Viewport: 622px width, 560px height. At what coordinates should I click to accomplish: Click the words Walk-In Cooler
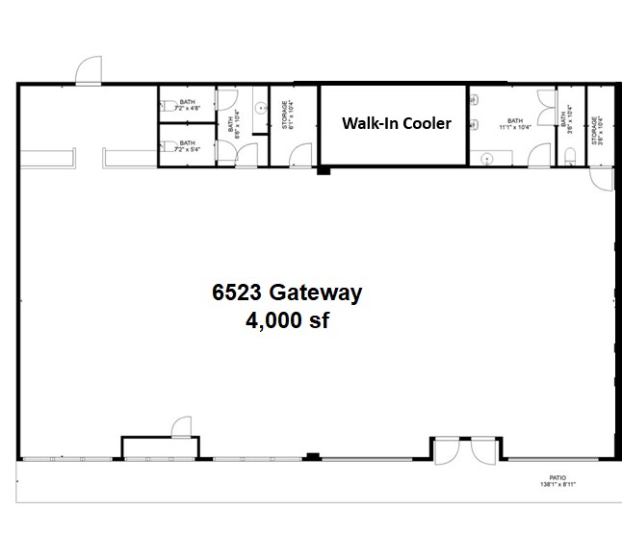(x=397, y=124)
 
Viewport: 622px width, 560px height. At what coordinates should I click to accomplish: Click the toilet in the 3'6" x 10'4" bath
(x=571, y=159)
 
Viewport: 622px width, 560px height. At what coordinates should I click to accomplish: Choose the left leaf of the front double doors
(x=447, y=449)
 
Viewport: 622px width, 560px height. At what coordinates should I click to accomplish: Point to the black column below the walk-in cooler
(x=324, y=171)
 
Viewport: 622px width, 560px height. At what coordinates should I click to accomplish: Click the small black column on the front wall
(x=311, y=456)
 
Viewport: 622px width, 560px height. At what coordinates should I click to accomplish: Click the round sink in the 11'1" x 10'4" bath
(x=486, y=156)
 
